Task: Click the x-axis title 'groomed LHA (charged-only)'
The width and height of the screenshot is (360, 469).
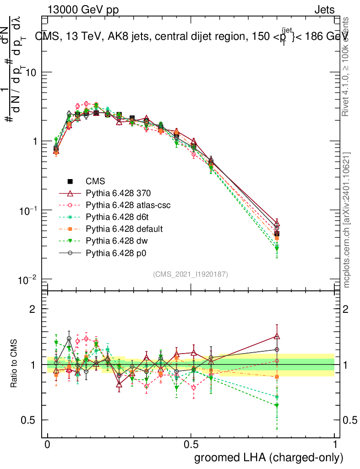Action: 269,458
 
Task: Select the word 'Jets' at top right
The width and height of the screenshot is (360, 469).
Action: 324,10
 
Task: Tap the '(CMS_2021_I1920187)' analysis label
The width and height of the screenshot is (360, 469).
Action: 191,274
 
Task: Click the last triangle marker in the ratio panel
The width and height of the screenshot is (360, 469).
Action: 277,336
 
